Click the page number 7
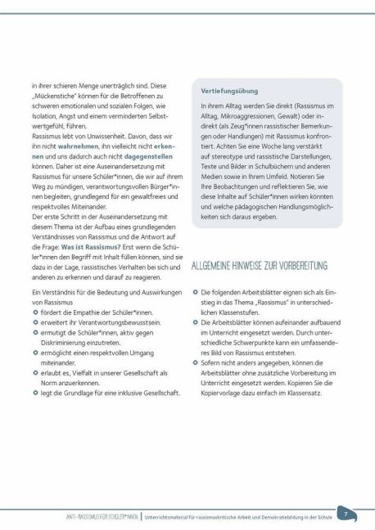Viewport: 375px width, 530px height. [x=346, y=514]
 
